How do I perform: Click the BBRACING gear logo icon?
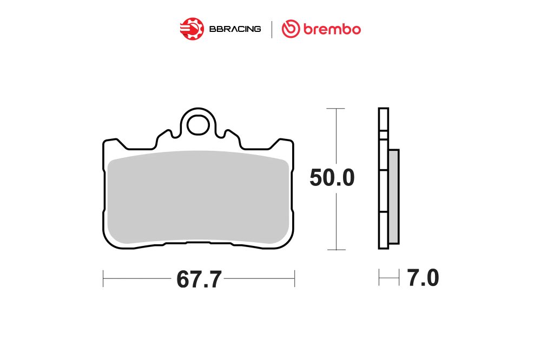(x=192, y=29)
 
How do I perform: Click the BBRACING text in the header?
(x=235, y=29)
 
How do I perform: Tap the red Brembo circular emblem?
(x=291, y=29)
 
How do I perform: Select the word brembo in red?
(x=332, y=29)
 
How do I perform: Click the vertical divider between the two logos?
(x=272, y=29)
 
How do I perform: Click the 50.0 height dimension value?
(x=332, y=178)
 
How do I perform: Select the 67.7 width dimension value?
(x=199, y=279)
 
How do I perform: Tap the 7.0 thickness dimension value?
(x=423, y=278)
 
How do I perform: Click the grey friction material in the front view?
(x=198, y=197)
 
